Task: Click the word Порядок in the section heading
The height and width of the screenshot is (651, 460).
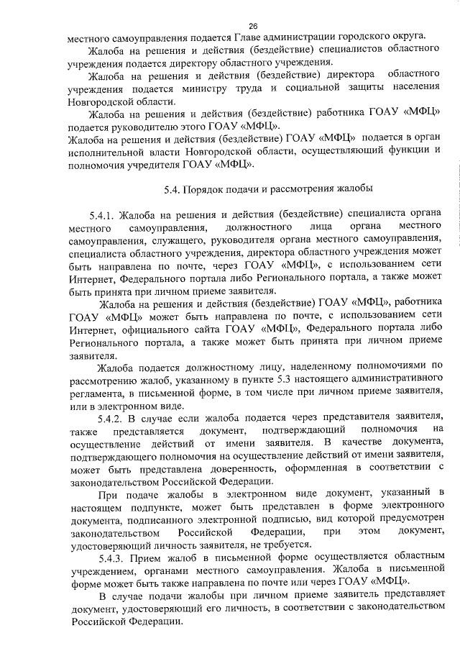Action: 209,190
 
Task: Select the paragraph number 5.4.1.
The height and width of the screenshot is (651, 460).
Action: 101,214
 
